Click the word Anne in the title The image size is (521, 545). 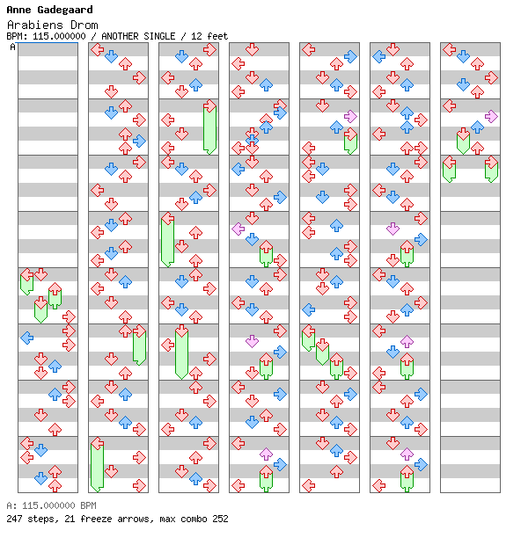(19, 10)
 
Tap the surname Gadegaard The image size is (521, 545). (65, 10)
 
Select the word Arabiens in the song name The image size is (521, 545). (35, 25)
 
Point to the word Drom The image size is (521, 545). (84, 25)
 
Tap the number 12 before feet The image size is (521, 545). (196, 36)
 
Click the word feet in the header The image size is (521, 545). (217, 36)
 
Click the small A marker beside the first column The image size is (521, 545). (13, 47)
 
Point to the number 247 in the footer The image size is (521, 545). (15, 519)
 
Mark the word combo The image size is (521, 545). (191, 519)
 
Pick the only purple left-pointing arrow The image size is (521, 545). (238, 229)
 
